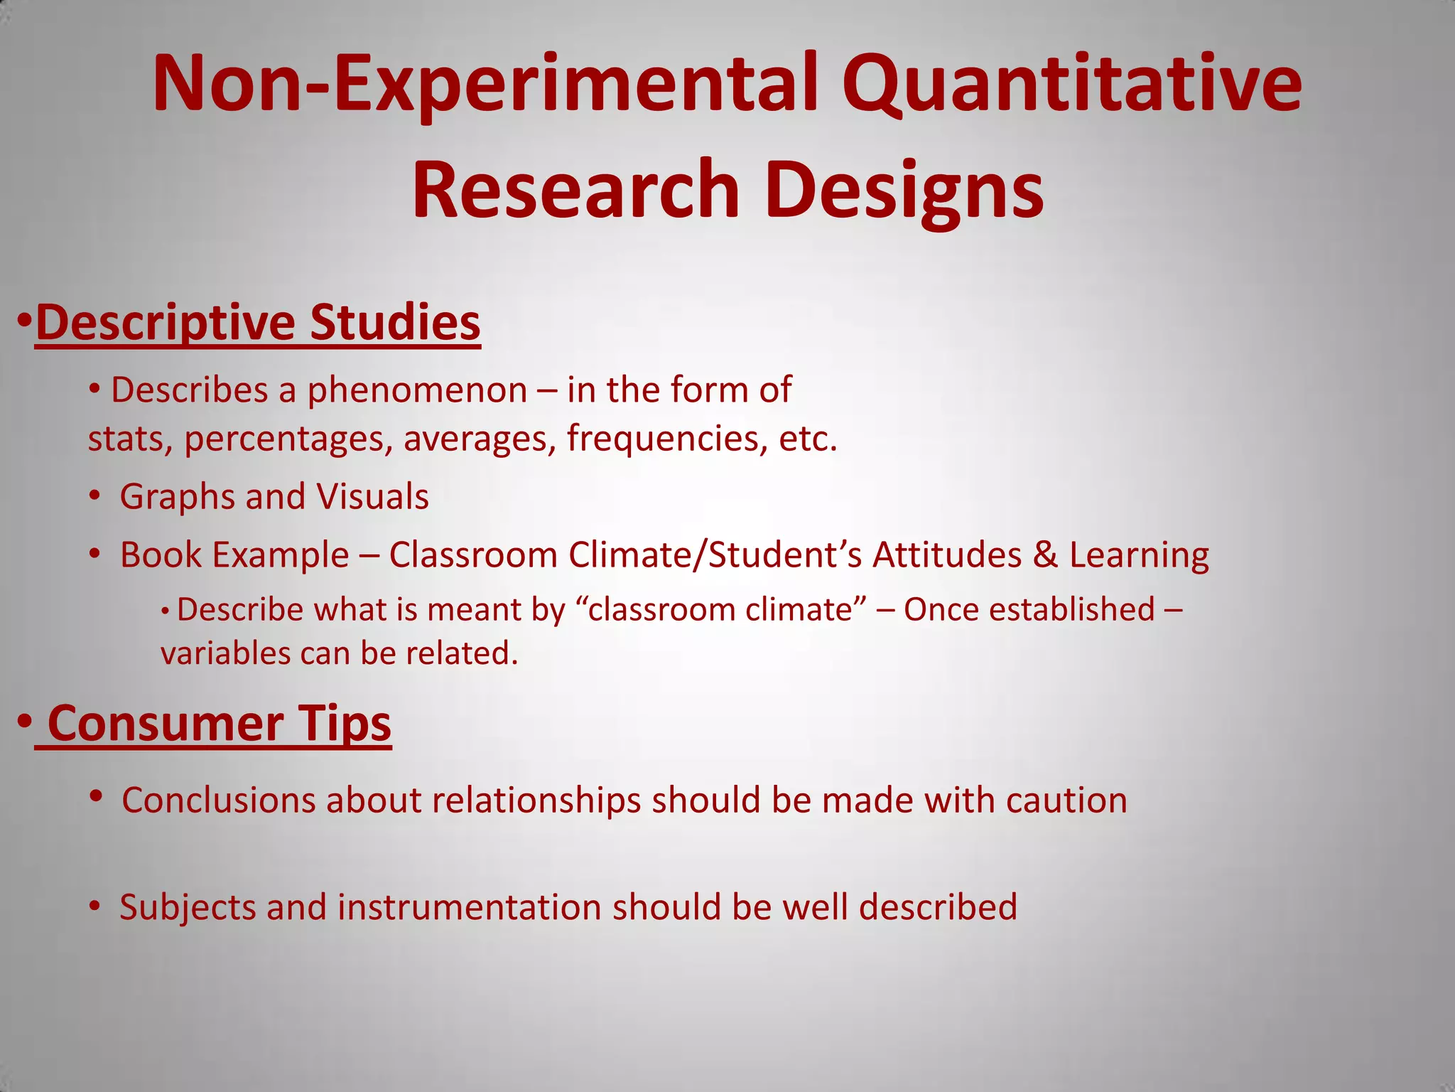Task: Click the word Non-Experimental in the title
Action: (483, 84)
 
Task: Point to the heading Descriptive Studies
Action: (257, 322)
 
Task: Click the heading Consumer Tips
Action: (219, 723)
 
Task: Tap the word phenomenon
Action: (417, 390)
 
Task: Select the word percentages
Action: (288, 439)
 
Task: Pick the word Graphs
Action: (177, 496)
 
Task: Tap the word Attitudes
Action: (947, 555)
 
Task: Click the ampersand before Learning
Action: (1045, 555)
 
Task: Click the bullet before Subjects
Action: (94, 906)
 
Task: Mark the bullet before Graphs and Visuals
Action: (94, 496)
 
